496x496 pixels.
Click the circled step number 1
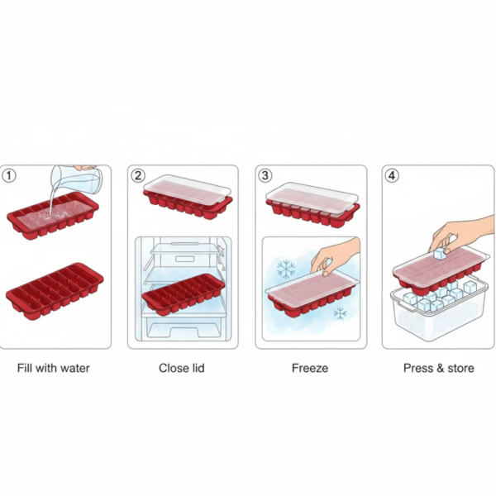click(10, 175)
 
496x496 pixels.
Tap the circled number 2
click(138, 175)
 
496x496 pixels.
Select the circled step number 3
click(265, 175)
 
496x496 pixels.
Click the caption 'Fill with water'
click(54, 368)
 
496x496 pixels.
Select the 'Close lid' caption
click(182, 368)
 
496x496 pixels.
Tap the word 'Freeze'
click(310, 368)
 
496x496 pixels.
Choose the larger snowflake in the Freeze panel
click(286, 269)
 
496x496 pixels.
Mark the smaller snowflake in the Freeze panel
click(339, 312)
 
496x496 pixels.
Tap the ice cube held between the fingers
click(442, 242)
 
